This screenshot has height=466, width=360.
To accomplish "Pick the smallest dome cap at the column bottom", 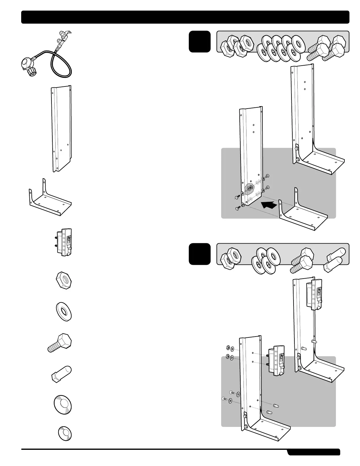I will [65, 434].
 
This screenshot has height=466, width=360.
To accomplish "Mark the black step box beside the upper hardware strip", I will [200, 41].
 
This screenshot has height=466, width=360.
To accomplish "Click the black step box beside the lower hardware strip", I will [200, 254].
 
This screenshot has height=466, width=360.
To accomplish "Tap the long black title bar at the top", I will [185, 17].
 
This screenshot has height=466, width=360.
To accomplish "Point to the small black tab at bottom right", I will [314, 452].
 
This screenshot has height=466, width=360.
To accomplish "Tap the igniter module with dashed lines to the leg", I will [276, 360].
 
